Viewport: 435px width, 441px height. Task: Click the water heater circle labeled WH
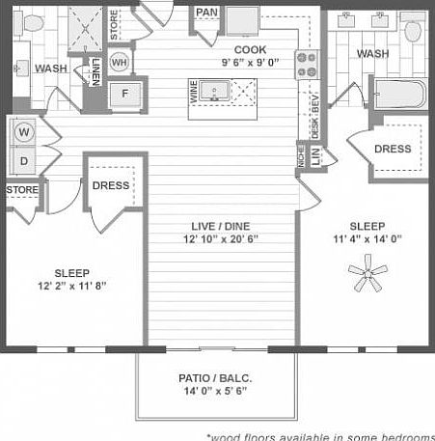click(120, 63)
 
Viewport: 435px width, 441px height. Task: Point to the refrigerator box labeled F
click(124, 95)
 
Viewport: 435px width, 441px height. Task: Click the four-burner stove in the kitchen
click(308, 65)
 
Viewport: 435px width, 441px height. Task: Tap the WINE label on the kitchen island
click(193, 93)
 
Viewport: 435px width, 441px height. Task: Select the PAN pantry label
click(206, 13)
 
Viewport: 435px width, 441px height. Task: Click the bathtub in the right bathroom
click(397, 96)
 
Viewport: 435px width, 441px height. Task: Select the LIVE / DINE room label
click(223, 225)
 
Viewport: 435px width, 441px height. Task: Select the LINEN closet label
click(96, 70)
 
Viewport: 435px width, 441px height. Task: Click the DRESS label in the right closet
click(393, 150)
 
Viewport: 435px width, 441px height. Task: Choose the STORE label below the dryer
click(22, 190)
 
